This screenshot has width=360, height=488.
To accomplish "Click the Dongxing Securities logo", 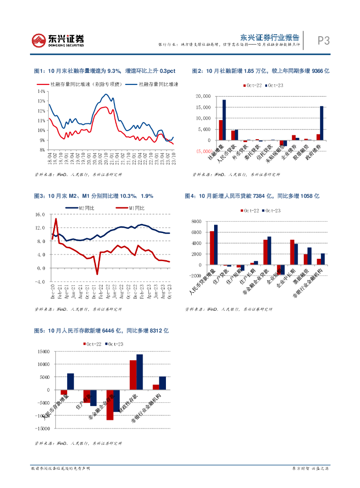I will click(58, 40).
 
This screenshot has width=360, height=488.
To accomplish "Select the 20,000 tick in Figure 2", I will click(203, 96).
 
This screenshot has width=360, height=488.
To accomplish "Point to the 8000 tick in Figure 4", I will click(195, 222).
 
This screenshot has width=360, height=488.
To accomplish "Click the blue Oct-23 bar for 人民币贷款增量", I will click(216, 244).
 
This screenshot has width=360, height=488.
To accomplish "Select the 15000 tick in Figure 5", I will click(43, 352).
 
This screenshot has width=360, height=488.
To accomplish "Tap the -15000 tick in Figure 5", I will click(42, 428).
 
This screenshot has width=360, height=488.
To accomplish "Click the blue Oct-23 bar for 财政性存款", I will click(140, 372).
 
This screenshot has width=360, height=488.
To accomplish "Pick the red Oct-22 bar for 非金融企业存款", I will click(110, 405).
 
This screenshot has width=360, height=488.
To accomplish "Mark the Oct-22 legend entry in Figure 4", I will click(248, 211).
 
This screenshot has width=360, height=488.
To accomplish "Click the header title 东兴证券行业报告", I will click(269, 36).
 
